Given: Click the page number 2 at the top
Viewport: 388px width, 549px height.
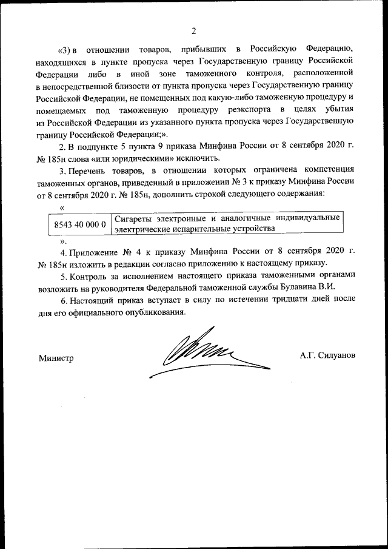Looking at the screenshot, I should (x=194, y=31).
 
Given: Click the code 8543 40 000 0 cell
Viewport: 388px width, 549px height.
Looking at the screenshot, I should (x=80, y=224).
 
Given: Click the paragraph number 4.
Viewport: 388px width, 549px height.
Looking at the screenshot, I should (x=62, y=252).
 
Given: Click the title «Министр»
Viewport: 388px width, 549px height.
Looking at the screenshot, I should (x=56, y=357).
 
